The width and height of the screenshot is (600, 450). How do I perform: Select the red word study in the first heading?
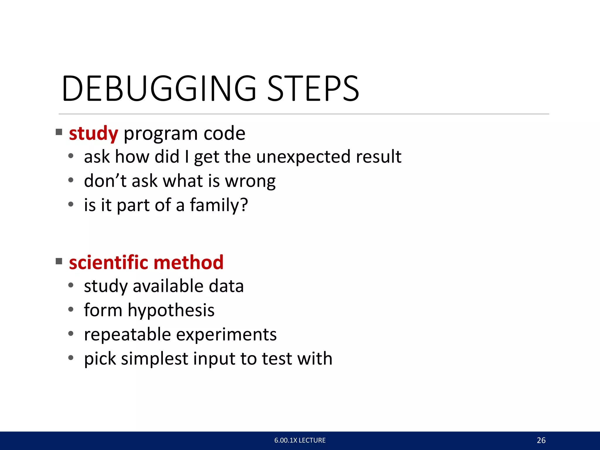coord(93,134)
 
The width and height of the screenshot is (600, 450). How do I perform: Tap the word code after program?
coord(224,134)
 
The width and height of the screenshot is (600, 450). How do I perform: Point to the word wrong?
coord(250,181)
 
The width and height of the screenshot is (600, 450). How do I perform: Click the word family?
coord(219,205)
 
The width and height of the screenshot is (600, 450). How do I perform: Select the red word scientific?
coord(109,262)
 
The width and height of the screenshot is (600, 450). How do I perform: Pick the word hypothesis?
coord(171,311)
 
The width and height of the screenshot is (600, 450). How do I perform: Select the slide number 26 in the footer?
coord(541,440)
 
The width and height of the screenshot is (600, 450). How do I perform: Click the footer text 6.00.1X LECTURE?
coord(300,440)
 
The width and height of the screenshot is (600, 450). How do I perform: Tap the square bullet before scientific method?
coord(59,261)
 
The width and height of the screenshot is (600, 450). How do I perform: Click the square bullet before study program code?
coord(59,132)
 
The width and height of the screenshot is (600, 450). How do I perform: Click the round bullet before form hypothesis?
coord(71,309)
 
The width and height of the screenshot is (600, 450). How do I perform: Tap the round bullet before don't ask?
coord(71,180)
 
